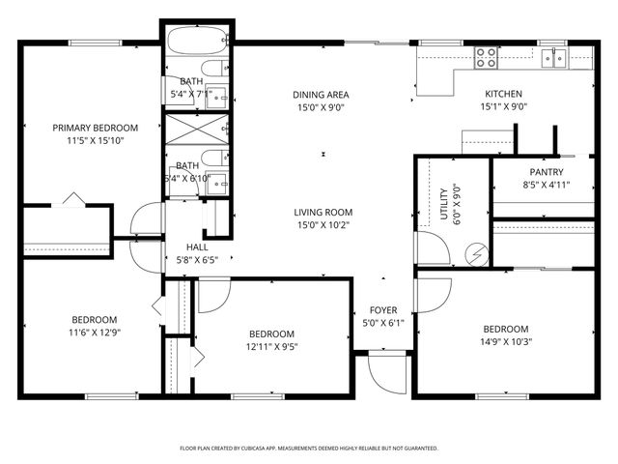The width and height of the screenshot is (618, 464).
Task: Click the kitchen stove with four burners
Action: tap(485, 58)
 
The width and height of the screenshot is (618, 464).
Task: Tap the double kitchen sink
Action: tap(553, 58)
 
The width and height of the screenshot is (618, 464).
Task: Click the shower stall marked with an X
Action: tap(197, 129)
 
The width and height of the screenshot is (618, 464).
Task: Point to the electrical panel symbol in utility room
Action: tap(474, 253)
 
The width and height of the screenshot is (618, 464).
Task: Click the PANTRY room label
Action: tap(547, 171)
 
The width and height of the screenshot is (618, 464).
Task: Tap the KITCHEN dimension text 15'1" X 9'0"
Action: tap(504, 108)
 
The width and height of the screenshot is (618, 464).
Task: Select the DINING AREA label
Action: tap(321, 95)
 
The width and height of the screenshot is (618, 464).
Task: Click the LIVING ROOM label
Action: tap(323, 212)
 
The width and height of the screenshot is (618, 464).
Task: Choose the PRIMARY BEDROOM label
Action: tap(95, 128)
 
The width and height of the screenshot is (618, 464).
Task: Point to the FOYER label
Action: tap(383, 310)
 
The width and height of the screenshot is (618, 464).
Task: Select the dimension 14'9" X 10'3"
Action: tap(506, 340)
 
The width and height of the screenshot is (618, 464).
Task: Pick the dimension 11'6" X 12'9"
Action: tap(94, 333)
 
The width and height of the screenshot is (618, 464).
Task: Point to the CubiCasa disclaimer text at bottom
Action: tap(309, 449)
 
